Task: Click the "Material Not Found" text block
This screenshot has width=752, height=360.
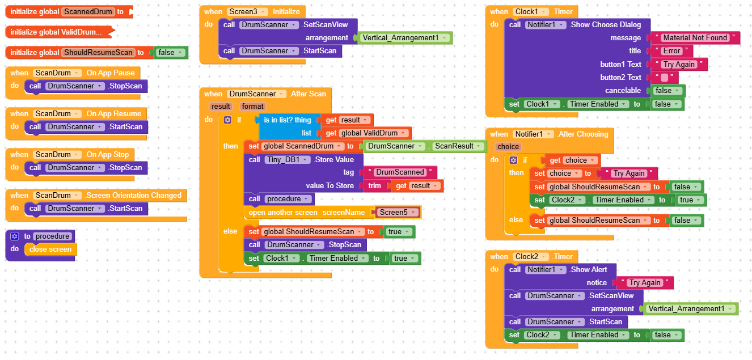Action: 695,38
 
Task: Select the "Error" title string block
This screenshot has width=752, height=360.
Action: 671,51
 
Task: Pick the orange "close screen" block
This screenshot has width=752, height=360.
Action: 50,249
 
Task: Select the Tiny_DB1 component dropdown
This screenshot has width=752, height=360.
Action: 288,160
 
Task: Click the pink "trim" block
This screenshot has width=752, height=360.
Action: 374,186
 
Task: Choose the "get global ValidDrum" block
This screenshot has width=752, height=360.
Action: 367,133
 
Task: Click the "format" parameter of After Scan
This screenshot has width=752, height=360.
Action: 252,106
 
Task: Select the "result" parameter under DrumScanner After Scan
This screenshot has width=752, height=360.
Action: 221,106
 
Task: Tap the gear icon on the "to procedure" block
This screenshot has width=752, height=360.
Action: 15,236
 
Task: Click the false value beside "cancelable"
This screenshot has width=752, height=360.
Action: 667,91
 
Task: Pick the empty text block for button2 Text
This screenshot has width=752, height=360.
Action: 665,78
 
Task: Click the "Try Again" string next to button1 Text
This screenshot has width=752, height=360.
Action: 679,65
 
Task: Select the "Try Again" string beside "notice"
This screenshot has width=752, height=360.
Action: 645,283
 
